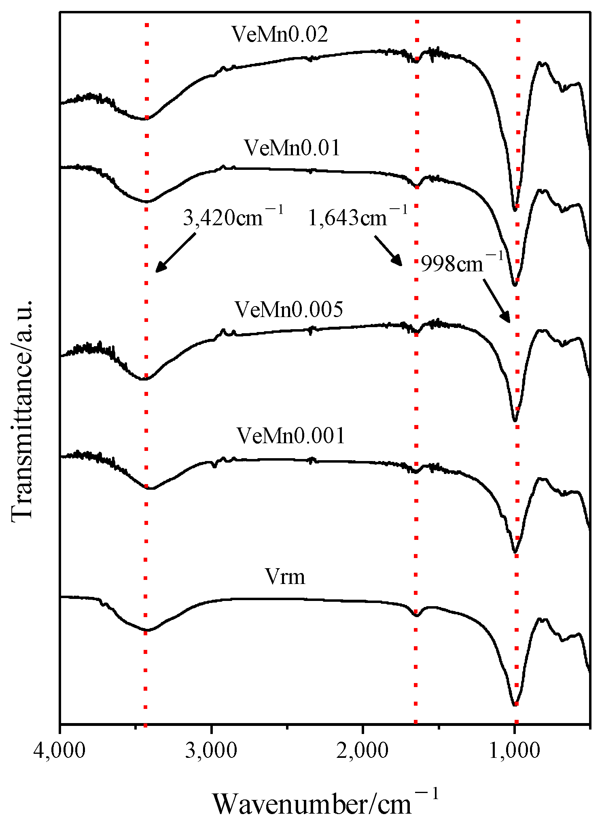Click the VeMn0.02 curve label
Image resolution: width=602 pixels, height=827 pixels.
[279, 35]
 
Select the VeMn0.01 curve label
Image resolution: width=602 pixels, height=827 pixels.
[292, 148]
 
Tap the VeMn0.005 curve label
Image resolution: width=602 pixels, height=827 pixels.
[288, 310]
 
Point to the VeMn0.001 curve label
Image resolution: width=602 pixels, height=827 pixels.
[290, 436]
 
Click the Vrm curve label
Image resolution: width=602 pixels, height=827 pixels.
[285, 577]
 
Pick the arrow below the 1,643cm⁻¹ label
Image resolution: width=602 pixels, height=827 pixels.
[388, 250]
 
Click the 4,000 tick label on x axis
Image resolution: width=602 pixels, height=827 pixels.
[60, 750]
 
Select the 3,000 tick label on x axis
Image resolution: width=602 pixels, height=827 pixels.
[211, 750]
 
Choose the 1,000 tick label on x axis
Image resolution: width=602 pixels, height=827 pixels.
[514, 750]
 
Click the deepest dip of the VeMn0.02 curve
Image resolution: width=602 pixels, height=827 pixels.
[515, 209]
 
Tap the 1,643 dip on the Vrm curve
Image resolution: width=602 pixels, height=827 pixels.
[416, 615]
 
